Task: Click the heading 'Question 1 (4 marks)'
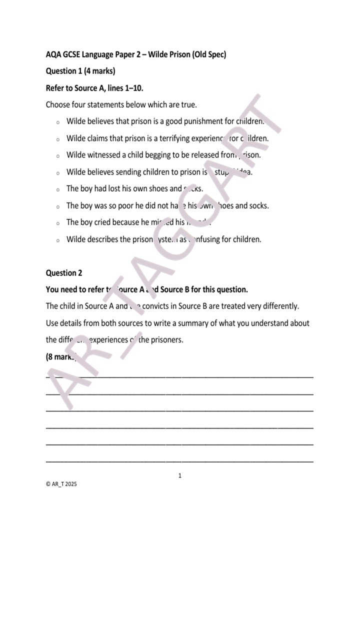pos(80,71)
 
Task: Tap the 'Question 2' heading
pos(64,273)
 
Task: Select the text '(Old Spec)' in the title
pos(209,54)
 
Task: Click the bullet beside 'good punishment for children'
pos(58,122)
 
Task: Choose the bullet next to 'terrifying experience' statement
pos(58,139)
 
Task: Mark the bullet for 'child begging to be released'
pos(58,156)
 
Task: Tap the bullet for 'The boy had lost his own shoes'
pos(58,189)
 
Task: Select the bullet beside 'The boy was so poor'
pos(58,206)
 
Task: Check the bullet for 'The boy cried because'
pos(58,223)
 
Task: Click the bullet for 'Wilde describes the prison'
pos(58,240)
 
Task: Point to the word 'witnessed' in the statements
pos(104,155)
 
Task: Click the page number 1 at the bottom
pos(180,475)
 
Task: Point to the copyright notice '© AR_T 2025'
pos(61,484)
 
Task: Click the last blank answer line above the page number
pos(180,460)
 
